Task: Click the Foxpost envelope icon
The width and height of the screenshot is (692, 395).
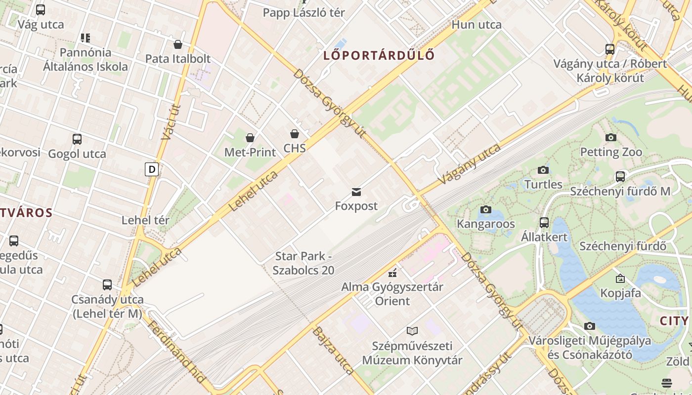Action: pyautogui.click(x=356, y=192)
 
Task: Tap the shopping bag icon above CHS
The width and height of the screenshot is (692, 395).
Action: pyautogui.click(x=295, y=134)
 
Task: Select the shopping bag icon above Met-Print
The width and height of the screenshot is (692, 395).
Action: pyautogui.click(x=250, y=138)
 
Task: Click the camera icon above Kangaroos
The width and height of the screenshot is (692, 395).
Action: pyautogui.click(x=486, y=210)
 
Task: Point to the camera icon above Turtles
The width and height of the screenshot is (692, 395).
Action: pyautogui.click(x=543, y=170)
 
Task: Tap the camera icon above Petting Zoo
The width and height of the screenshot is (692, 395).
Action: pyautogui.click(x=611, y=138)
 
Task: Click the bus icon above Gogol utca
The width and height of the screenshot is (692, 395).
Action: pyautogui.click(x=77, y=139)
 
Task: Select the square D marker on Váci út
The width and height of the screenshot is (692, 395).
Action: pyautogui.click(x=152, y=170)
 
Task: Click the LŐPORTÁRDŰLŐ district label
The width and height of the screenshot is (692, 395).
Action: pyautogui.click(x=379, y=55)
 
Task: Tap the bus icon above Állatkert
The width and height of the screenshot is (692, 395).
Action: pyautogui.click(x=544, y=223)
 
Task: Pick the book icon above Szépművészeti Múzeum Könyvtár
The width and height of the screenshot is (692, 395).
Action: pyautogui.click(x=412, y=331)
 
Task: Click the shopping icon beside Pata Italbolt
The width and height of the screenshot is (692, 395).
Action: pyautogui.click(x=178, y=45)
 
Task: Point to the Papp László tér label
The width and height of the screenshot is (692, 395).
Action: pyautogui.click(x=304, y=13)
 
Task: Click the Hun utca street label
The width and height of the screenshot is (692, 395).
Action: pyautogui.click(x=476, y=25)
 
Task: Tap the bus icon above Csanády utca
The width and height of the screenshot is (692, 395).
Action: pyautogui.click(x=107, y=285)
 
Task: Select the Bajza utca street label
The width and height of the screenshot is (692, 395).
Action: pyautogui.click(x=333, y=350)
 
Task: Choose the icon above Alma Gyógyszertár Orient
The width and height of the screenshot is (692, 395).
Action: pyautogui.click(x=393, y=273)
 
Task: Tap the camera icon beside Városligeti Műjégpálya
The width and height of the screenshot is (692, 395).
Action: pyautogui.click(x=589, y=326)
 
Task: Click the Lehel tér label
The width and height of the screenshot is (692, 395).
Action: pyautogui.click(x=145, y=220)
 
